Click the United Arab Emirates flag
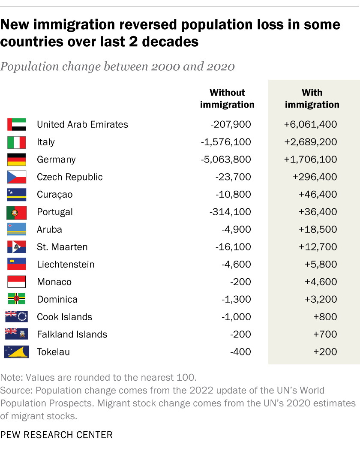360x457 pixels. click(17, 125)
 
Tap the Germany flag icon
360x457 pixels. click(17, 160)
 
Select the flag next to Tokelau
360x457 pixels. click(17, 352)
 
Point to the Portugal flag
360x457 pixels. click(17, 212)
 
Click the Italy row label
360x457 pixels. click(46, 142)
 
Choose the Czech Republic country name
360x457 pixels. click(70, 177)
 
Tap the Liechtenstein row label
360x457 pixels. click(66, 265)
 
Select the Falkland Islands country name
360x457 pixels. click(72, 334)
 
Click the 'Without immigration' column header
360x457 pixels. click(227, 99)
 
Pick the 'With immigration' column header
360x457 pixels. click(312, 99)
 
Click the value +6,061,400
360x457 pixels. click(310, 125)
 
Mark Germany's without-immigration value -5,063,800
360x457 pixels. click(226, 160)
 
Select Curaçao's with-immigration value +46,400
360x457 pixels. click(318, 195)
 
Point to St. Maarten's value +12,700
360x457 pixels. click(318, 247)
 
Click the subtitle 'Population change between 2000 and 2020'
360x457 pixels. click(117, 66)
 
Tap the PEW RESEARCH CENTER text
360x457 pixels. click(57, 435)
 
